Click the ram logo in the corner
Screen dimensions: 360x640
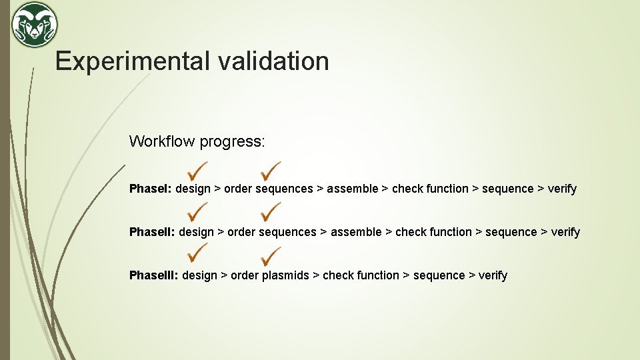[35, 25]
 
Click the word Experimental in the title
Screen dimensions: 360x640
[132, 61]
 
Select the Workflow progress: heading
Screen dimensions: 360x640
[197, 141]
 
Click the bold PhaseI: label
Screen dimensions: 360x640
[151, 189]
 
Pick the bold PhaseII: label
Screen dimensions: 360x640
[152, 232]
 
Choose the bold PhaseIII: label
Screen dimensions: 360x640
[154, 275]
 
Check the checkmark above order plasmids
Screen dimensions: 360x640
[271, 255]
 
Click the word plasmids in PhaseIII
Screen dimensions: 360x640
[285, 275]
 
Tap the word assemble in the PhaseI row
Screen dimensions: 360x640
[352, 189]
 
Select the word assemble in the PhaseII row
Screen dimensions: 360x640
[356, 232]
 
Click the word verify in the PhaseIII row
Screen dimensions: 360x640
[493, 275]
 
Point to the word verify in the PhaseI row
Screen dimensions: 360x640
[562, 189]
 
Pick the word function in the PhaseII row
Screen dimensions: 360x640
[451, 232]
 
